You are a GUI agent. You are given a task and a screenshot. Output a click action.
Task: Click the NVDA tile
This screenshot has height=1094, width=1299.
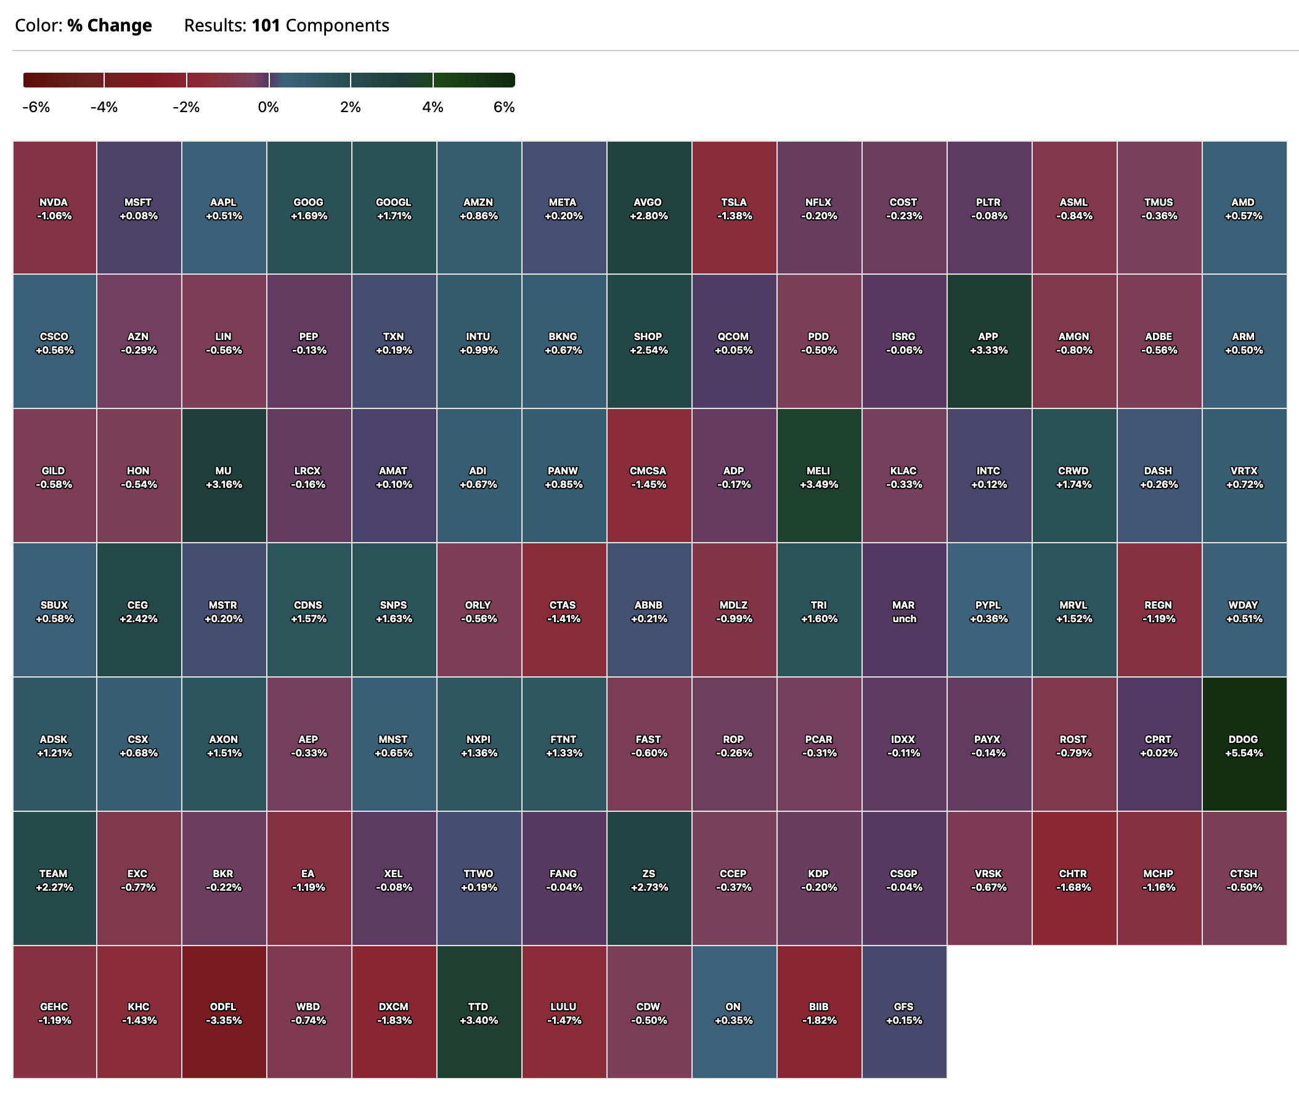(x=55, y=208)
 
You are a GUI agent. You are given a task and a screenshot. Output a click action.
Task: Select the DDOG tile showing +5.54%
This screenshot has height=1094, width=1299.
(x=1244, y=745)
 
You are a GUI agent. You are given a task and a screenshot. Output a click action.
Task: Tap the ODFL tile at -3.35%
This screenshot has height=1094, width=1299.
(x=224, y=1013)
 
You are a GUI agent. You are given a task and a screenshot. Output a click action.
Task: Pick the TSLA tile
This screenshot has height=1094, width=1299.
(x=734, y=208)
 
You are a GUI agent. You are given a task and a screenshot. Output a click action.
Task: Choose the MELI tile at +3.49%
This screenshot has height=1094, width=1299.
(x=819, y=476)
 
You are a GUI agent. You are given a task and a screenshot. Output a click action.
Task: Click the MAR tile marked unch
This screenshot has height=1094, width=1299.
(x=904, y=610)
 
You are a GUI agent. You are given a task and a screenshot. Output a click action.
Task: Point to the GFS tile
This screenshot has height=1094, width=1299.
(x=904, y=1013)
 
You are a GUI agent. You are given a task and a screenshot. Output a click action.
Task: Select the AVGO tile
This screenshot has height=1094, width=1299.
(x=649, y=208)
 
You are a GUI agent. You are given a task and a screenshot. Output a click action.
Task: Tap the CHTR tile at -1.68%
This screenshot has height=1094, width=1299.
(x=1074, y=880)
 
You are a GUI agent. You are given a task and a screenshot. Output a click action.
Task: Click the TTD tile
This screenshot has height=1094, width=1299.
(x=479, y=1013)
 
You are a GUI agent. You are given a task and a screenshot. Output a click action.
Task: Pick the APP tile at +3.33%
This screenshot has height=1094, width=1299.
(x=989, y=342)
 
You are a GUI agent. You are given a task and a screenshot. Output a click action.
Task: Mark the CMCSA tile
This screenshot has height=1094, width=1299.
(x=649, y=476)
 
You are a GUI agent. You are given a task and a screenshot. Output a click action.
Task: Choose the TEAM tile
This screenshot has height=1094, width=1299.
(x=55, y=880)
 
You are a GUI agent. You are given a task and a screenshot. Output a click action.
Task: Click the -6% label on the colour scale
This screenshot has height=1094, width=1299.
(x=36, y=107)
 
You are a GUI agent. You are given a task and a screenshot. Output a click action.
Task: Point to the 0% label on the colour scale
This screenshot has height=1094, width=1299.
(x=269, y=107)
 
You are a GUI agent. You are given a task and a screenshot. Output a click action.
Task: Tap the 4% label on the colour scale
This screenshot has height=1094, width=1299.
(x=433, y=107)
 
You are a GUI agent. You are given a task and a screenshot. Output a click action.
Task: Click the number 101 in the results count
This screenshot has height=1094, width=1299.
(x=266, y=25)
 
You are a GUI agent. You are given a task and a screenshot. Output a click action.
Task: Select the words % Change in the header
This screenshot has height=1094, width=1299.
(x=110, y=25)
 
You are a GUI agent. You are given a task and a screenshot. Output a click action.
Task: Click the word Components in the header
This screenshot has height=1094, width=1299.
(x=338, y=25)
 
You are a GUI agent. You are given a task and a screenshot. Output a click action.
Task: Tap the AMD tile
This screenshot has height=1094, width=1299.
(x=1244, y=208)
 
